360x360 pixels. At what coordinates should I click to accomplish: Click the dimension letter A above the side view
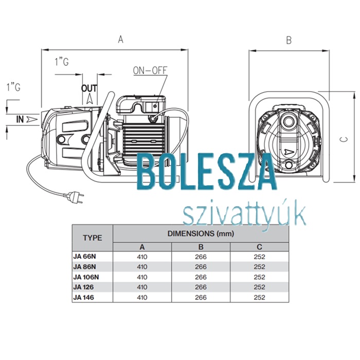click(120, 39)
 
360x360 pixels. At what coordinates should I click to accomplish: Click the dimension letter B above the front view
click(289, 40)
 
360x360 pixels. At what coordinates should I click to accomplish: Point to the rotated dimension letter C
click(345, 139)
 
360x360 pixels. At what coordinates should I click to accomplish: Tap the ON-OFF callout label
click(150, 70)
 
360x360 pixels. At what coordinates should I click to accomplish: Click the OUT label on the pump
click(89, 88)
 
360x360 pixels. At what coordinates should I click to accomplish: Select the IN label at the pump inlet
click(20, 119)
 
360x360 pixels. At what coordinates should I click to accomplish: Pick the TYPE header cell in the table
click(93, 238)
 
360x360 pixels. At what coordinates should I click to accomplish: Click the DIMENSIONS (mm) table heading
click(201, 233)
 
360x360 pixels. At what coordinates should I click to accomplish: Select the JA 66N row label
click(84, 257)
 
